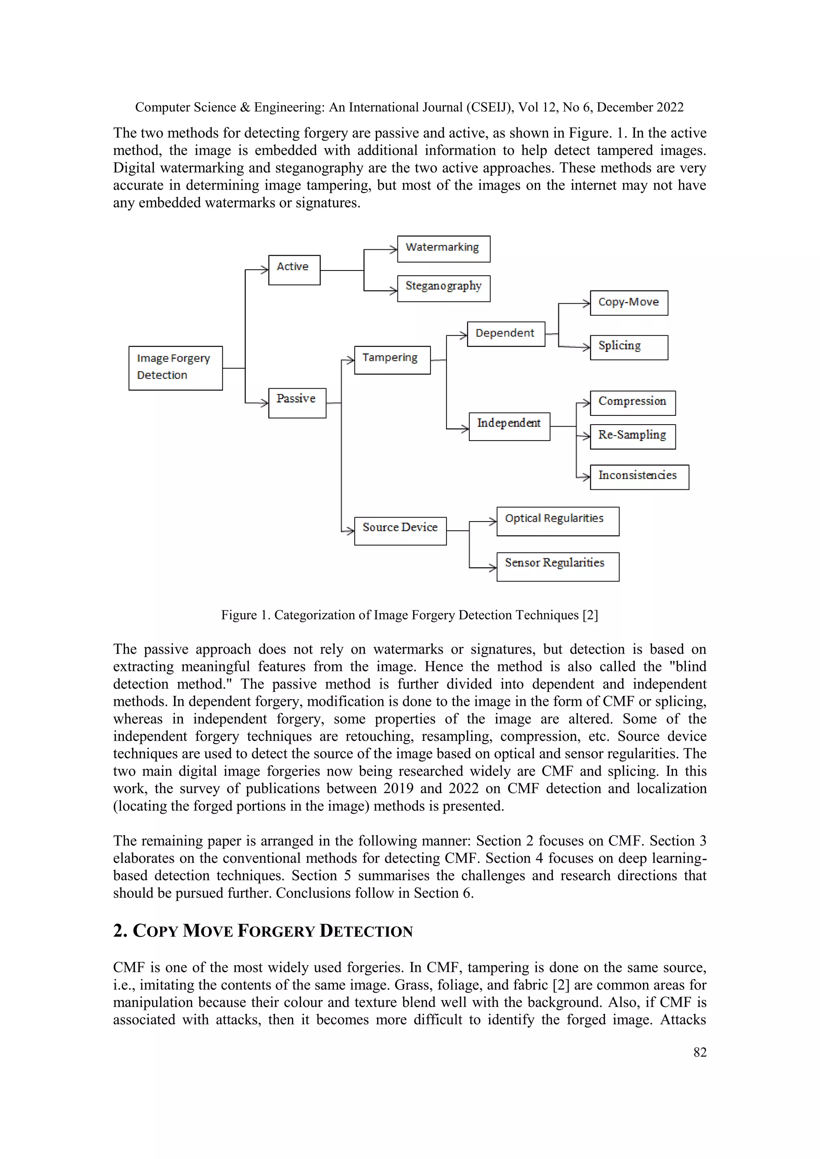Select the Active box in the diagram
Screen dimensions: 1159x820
tap(294, 270)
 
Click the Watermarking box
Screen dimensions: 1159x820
tap(443, 249)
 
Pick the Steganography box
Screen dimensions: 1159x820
tap(443, 288)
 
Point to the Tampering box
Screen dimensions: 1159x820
tap(392, 359)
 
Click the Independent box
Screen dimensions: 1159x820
tap(509, 426)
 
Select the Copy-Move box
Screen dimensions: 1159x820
tap(629, 303)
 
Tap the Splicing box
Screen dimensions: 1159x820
tap(629, 347)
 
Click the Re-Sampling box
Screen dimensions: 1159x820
tap(632, 436)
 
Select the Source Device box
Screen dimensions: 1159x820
tap(400, 531)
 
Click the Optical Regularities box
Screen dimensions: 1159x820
tap(557, 521)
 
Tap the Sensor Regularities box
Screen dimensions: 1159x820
tap(557, 566)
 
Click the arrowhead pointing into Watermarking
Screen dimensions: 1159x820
tap(393, 249)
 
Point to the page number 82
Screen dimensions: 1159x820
tap(699, 1052)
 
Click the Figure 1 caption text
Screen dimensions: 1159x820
tap(409, 615)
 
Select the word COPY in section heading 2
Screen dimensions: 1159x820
tap(155, 930)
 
